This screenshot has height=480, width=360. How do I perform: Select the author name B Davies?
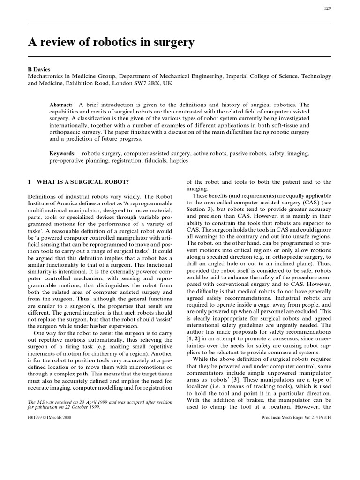[40, 68]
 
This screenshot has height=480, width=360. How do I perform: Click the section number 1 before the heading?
[29, 182]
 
